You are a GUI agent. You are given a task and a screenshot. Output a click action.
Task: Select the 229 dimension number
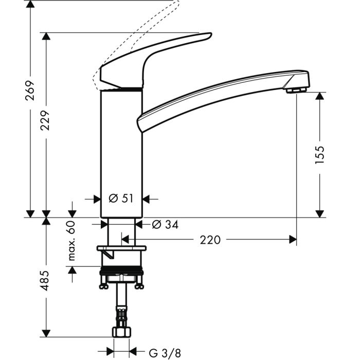(x=46, y=120)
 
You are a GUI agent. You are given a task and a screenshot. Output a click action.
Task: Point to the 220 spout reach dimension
(x=210, y=240)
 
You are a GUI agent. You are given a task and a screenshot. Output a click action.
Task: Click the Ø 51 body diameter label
(x=121, y=199)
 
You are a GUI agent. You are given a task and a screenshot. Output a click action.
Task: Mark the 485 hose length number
(x=46, y=280)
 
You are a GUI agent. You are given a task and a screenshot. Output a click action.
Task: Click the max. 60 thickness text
(x=71, y=240)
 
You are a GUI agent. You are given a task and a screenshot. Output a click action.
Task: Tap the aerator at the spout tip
(x=296, y=91)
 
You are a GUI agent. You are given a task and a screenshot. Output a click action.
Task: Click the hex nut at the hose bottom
(x=121, y=331)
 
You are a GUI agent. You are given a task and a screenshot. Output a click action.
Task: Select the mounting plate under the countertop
(x=121, y=249)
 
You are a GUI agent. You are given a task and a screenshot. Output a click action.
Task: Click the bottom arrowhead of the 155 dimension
(x=319, y=213)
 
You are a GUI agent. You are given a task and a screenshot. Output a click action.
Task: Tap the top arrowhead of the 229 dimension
(x=46, y=37)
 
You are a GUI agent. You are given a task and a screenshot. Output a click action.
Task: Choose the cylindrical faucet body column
(x=121, y=149)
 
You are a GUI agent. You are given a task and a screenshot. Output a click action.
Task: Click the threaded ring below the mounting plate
(x=121, y=271)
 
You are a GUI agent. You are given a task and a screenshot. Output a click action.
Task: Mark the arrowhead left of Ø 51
(x=96, y=199)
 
